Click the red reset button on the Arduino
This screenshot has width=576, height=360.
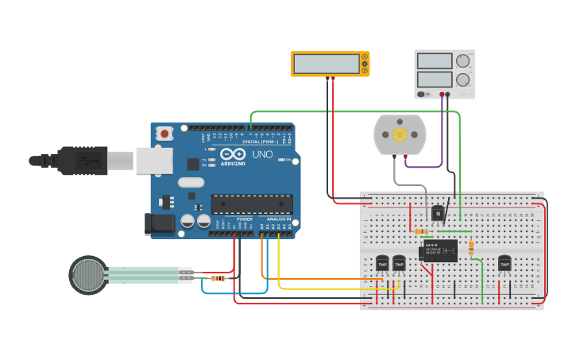(x=164, y=134)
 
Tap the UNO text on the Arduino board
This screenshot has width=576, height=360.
(x=262, y=154)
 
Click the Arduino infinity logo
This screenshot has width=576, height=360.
(x=234, y=153)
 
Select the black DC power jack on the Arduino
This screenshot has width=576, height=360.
(x=159, y=224)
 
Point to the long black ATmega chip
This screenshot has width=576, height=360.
(x=251, y=204)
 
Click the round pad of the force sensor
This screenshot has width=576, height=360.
(x=87, y=275)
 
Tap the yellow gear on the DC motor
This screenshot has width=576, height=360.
(x=400, y=134)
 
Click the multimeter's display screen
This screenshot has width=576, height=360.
(x=326, y=64)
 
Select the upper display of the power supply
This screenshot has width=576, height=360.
(x=434, y=61)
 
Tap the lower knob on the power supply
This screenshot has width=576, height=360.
(x=462, y=79)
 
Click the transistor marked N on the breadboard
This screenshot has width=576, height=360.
(x=438, y=213)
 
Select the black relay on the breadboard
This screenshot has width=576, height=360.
(x=439, y=250)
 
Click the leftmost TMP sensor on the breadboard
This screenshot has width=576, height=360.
(x=382, y=263)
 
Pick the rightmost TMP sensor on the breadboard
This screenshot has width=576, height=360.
(x=504, y=263)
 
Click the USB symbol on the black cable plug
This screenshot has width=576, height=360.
(x=82, y=160)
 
